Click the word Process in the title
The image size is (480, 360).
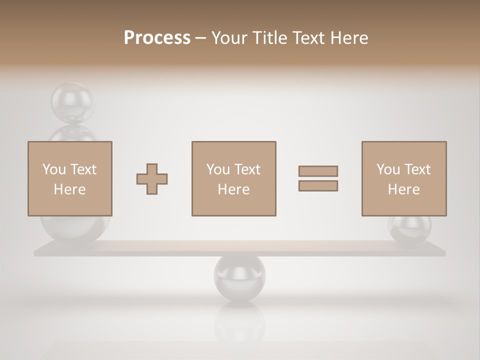(x=157, y=38)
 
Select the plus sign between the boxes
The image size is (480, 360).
(x=152, y=179)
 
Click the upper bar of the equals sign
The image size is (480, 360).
(x=318, y=171)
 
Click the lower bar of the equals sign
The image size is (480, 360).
(x=318, y=185)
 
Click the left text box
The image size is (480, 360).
(x=70, y=178)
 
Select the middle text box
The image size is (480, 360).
(x=233, y=178)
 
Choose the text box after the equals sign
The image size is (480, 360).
(x=404, y=178)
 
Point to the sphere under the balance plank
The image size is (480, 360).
(x=239, y=277)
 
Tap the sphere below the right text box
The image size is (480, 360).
(x=409, y=229)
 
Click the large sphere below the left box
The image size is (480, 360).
(x=75, y=230)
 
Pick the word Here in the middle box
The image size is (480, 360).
(x=233, y=189)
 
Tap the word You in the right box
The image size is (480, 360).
(x=388, y=169)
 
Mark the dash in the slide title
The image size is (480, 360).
(x=201, y=38)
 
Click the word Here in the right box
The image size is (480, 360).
(x=404, y=189)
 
